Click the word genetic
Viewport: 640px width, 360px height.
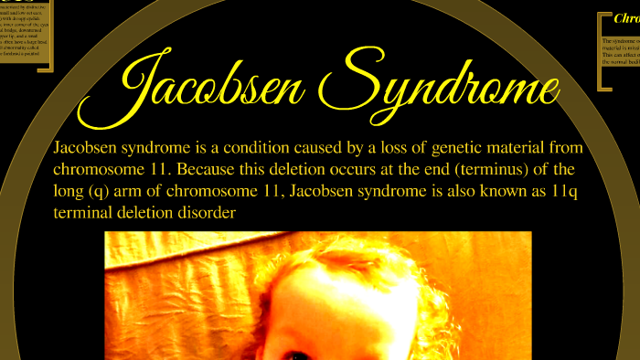439,148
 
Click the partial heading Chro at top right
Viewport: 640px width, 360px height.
625,17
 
